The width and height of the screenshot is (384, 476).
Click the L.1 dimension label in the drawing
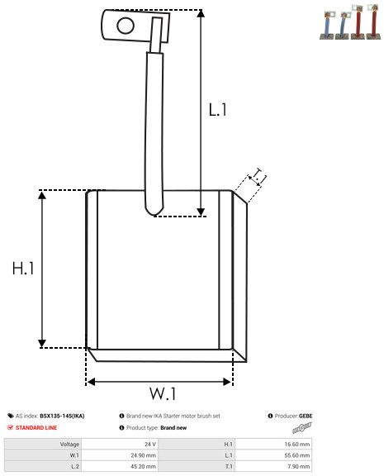[x=217, y=108]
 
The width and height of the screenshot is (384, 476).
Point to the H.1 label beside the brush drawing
[x=22, y=269]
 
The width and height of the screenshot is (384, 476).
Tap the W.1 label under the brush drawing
[x=162, y=393]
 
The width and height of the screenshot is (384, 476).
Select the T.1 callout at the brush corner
[x=258, y=176]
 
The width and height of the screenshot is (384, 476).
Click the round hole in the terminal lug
[x=126, y=25]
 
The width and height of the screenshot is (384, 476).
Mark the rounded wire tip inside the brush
[x=153, y=211]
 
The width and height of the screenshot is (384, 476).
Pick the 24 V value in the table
[x=150, y=444]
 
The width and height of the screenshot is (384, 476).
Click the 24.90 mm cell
[x=145, y=455]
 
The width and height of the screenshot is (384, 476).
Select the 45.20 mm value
[x=145, y=465]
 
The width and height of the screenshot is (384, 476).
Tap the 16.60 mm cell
[x=299, y=444]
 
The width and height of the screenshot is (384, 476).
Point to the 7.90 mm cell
[x=301, y=465]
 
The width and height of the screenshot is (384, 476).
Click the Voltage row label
[x=69, y=444]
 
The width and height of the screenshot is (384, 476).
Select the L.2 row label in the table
[x=74, y=465]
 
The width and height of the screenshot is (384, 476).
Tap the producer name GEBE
[x=306, y=416]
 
